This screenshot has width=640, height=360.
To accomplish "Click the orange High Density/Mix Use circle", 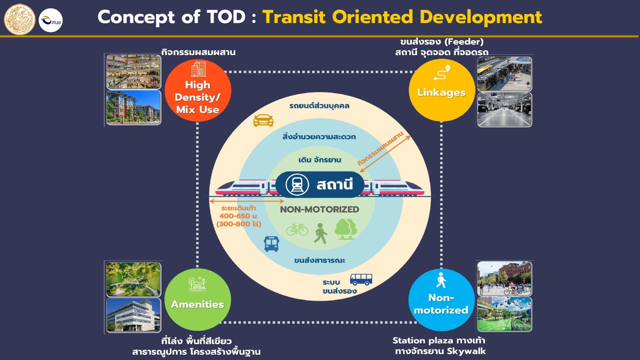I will (x=198, y=90).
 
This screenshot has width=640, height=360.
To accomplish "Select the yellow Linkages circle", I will (x=441, y=90).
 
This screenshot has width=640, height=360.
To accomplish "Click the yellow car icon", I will (x=263, y=120).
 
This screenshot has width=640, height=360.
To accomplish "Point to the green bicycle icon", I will (x=297, y=229).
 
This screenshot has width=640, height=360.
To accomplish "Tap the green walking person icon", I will (x=320, y=233).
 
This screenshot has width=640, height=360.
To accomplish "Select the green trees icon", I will (x=346, y=229).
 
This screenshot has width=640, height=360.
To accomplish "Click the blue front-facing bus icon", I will (x=271, y=244).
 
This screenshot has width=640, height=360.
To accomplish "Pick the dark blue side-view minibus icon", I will (x=361, y=279).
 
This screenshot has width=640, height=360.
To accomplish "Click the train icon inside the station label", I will (x=297, y=184).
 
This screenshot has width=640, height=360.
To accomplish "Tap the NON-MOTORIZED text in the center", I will (x=319, y=209).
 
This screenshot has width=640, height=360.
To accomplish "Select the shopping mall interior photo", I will (x=133, y=72).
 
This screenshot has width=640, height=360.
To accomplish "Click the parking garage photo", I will (x=504, y=110).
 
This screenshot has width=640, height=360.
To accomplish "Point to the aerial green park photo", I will (x=133, y=279).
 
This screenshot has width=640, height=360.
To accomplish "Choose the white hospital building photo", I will (x=133, y=315).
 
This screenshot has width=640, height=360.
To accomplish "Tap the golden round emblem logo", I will (x=19, y=19).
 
